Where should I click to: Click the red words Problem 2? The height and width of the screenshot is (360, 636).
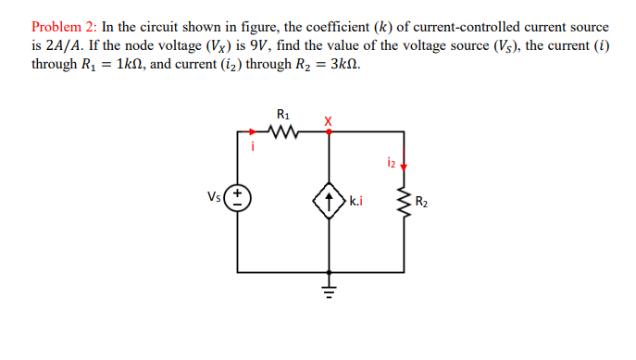point(64,27)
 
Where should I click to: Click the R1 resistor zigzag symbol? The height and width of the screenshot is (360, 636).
point(283,131)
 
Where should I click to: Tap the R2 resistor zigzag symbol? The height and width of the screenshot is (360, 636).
point(404,202)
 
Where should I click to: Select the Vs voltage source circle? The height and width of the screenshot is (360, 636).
point(237,198)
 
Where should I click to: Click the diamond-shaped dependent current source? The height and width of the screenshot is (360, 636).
point(329,201)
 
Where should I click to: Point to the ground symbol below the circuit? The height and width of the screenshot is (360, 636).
point(329,292)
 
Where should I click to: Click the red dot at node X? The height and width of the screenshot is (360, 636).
point(329,131)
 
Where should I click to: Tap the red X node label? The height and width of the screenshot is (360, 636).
point(328,121)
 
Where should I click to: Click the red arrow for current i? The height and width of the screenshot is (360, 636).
point(253,131)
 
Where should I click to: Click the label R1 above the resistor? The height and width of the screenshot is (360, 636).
point(283,115)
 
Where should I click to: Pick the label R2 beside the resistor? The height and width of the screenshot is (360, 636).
point(421,202)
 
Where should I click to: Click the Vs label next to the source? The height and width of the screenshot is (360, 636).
point(214,197)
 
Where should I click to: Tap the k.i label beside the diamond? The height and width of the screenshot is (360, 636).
point(356,201)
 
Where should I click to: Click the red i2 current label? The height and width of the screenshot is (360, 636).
point(392,162)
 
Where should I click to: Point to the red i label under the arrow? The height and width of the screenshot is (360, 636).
point(253,146)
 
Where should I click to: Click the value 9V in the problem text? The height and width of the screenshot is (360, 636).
point(258,45)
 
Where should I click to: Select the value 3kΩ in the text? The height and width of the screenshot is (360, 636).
point(344,64)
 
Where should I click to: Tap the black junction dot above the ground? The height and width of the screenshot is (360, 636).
point(329,272)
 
